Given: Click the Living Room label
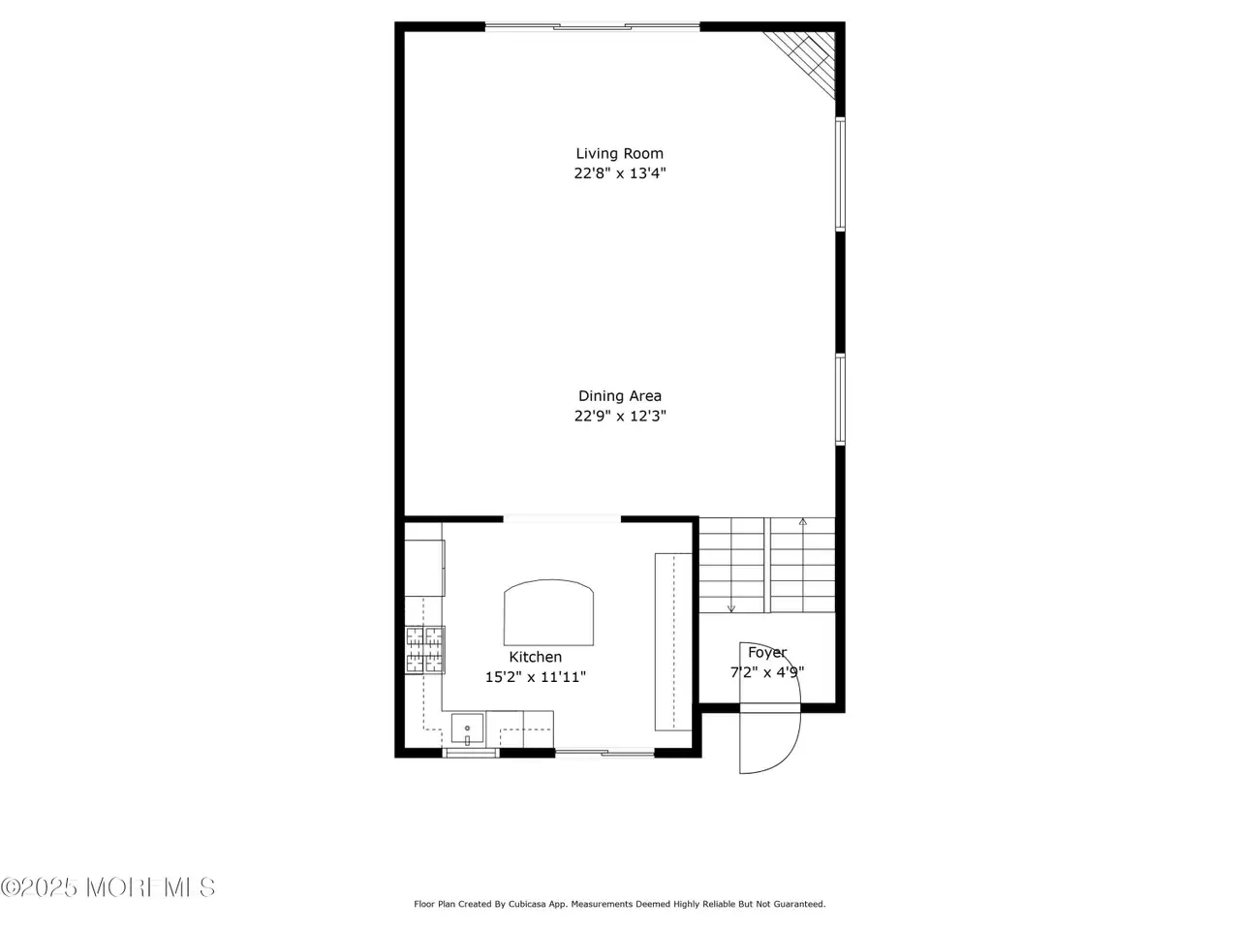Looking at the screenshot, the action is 619,154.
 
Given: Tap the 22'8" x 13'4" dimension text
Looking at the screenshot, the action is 620,173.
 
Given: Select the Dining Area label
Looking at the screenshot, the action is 620,396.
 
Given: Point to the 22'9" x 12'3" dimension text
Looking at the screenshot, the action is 620,417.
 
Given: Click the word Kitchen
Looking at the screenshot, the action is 535,657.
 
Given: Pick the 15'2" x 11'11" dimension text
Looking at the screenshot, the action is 536,677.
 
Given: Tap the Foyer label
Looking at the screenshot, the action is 767,653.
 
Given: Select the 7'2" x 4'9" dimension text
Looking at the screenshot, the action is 767,672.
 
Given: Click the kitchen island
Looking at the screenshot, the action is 548,612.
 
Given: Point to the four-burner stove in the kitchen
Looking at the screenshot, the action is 425,650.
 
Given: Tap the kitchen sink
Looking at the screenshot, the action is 467,728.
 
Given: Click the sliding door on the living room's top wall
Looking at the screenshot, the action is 593,26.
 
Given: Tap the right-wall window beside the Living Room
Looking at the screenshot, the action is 841,174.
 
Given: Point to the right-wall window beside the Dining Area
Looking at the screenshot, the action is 841,400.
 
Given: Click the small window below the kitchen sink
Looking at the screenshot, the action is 471,753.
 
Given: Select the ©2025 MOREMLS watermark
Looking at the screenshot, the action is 108,887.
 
